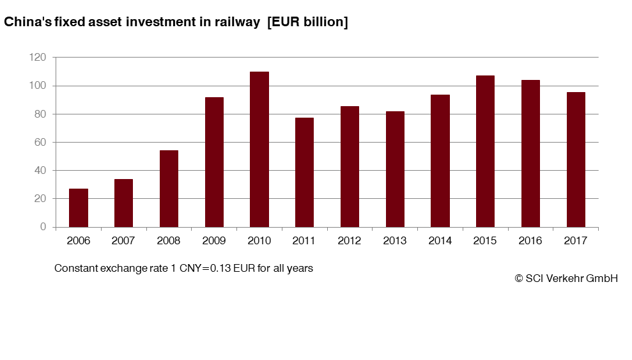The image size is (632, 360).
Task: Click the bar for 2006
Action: (79, 208)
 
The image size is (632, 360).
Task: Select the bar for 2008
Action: (169, 189)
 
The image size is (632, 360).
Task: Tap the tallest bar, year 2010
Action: (259, 149)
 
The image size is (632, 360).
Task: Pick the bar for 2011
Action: (304, 172)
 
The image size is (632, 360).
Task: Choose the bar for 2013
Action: (395, 169)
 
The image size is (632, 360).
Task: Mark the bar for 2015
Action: (485, 151)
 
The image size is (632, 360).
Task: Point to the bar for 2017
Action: (576, 159)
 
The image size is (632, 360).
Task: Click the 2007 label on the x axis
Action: (123, 241)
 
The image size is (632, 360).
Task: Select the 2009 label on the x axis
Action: (214, 241)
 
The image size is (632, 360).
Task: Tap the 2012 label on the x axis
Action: (350, 241)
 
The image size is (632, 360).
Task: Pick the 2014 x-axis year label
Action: (440, 241)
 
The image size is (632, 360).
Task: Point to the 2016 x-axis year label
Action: (530, 241)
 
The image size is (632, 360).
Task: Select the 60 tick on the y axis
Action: (40, 143)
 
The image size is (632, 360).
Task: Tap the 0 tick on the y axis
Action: (43, 227)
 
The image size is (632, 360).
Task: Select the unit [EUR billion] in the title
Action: (307, 22)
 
